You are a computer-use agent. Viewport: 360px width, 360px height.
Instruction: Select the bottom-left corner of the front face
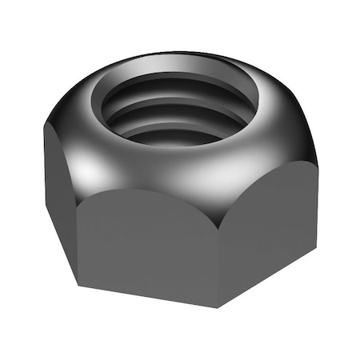[78, 284]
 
